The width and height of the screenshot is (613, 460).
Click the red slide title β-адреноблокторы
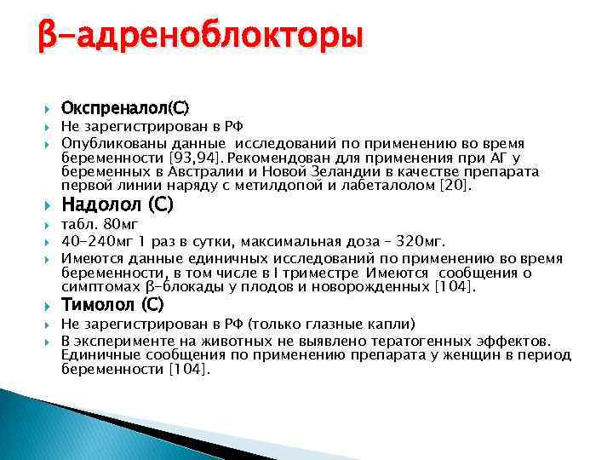[x=199, y=37]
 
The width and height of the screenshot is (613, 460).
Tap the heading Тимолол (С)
[x=113, y=304]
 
